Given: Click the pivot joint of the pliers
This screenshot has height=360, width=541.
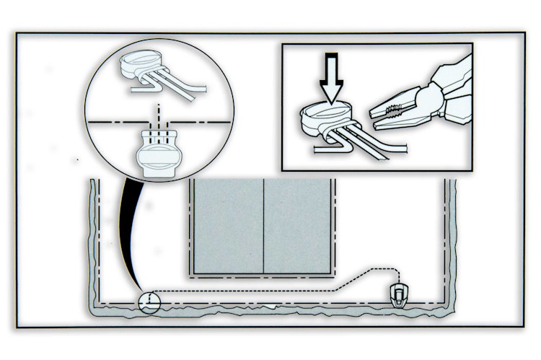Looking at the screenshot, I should click(426, 95).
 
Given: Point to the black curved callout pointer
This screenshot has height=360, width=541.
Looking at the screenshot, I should click(128, 231).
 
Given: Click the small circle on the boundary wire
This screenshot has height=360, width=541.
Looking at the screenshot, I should click(149, 302).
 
